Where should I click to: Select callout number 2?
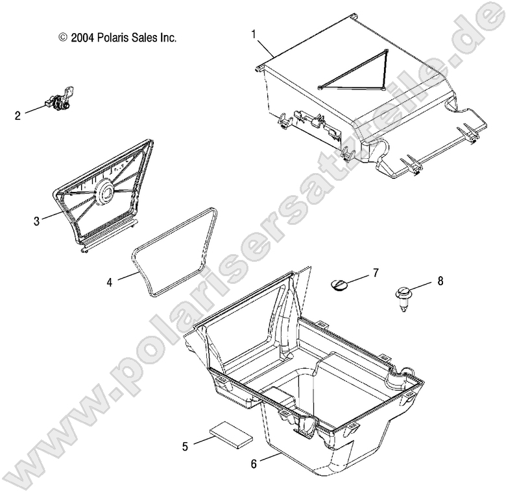[x=18, y=116]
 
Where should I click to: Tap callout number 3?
[x=37, y=221]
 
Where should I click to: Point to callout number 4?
[x=110, y=282]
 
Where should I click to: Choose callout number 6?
[x=254, y=463]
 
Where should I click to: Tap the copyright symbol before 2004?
[x=62, y=38]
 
